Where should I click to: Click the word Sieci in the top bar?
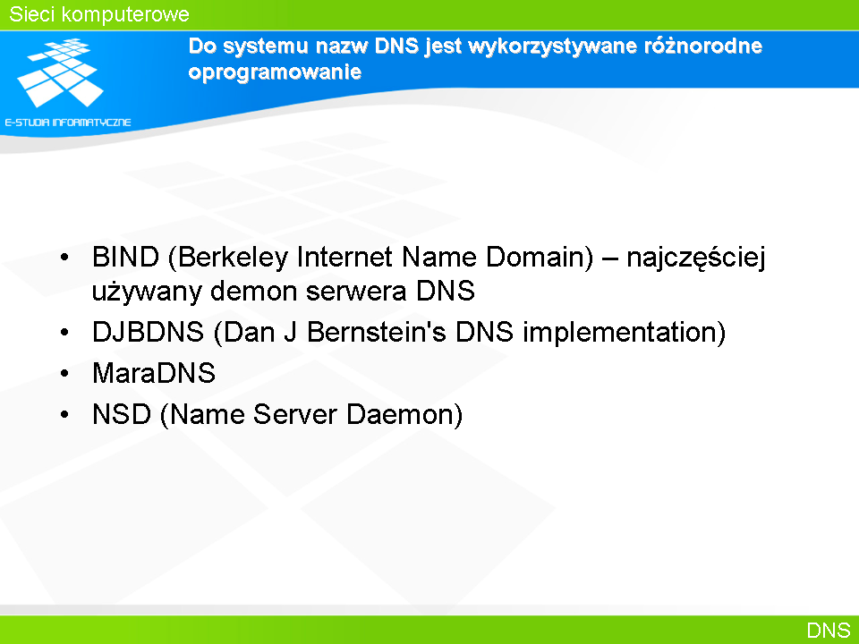(x=32, y=14)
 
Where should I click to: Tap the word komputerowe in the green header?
(x=125, y=15)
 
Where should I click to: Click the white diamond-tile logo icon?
(x=60, y=72)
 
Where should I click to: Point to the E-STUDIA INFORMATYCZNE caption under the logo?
(x=68, y=123)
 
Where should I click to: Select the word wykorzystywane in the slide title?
(x=552, y=47)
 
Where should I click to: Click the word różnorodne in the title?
(x=703, y=46)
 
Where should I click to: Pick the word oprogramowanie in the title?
(x=275, y=72)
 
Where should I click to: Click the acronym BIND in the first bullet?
(x=125, y=257)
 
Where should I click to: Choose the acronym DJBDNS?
(x=148, y=332)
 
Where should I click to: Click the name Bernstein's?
(x=377, y=332)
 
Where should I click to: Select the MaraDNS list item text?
(x=154, y=373)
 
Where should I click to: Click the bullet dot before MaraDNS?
(x=64, y=374)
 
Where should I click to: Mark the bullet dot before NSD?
(x=64, y=414)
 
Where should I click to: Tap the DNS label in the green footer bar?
(x=829, y=631)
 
